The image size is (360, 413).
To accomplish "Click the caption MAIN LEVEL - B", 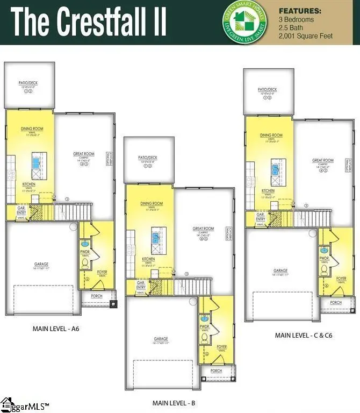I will pos(174,402).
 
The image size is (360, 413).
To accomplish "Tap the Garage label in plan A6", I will pos(41,264).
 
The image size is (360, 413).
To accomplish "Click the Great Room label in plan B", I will pos(203,229).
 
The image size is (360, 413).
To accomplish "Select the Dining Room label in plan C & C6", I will pos(271,136).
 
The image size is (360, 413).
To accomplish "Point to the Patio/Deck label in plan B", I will pos(148,160).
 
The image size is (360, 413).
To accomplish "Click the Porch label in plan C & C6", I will pos(336,303).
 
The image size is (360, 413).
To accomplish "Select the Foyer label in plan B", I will pos(221,347).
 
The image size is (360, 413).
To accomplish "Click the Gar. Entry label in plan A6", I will pos(22,210).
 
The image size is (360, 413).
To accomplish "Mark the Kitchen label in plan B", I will pos(148,259).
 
